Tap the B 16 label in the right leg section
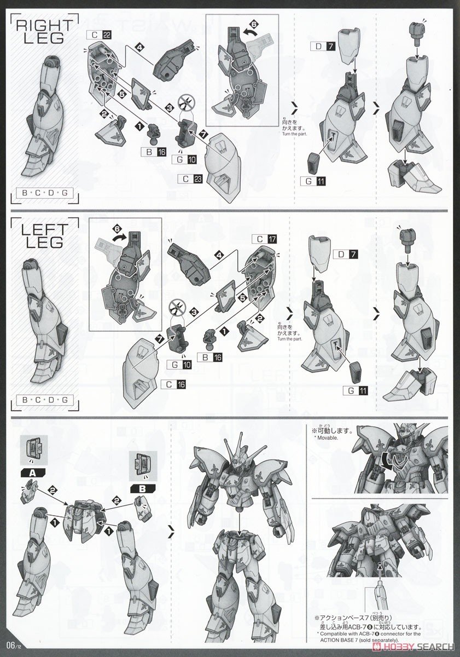153,152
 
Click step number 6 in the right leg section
253,24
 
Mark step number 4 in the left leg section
219,255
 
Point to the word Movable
327,438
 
